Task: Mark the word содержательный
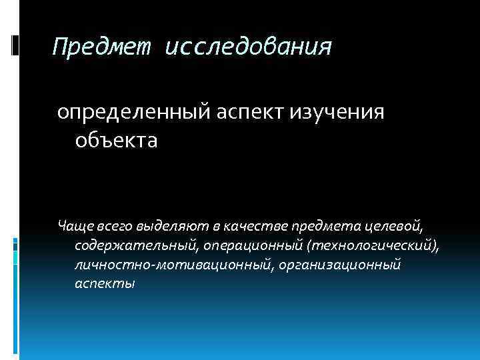(134, 247)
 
